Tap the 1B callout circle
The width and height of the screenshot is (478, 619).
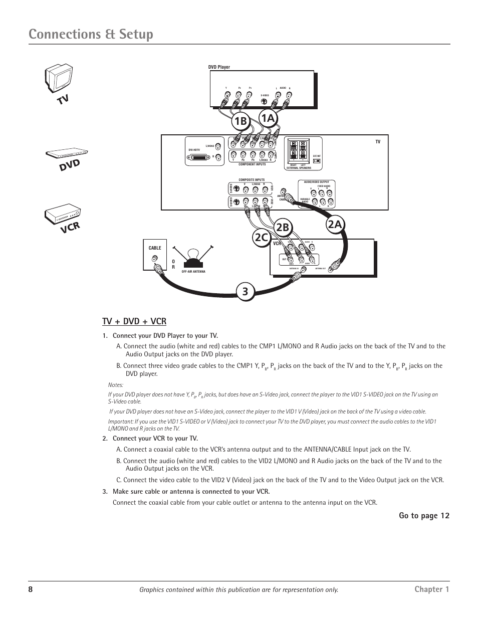241,121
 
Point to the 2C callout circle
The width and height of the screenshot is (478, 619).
261,238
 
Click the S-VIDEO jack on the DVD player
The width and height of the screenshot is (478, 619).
265,100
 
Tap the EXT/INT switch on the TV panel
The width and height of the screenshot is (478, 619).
317,161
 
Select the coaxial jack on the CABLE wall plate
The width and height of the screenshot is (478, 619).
154,259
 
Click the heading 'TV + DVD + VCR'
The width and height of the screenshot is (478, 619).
134,321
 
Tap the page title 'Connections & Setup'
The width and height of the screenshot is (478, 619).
91,34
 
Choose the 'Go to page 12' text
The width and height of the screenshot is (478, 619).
424,516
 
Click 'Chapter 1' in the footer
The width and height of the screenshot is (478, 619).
432,589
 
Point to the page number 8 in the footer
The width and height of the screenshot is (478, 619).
31,589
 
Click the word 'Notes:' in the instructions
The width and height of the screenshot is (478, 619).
116,384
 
